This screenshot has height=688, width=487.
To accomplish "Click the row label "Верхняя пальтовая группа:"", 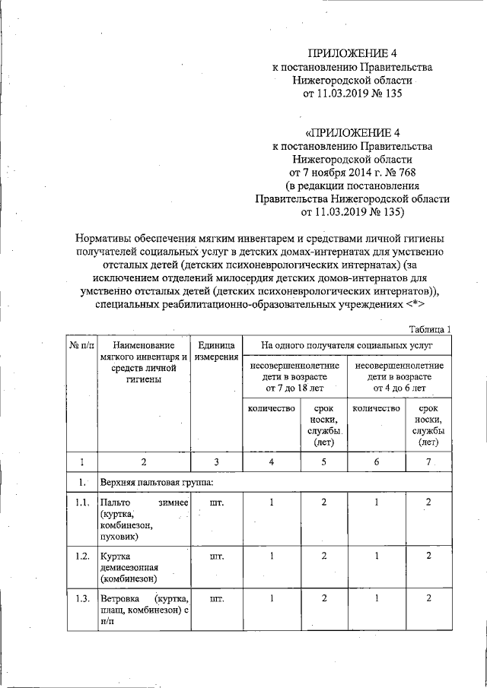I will point(158,483).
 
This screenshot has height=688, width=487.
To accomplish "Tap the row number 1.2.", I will point(82,556).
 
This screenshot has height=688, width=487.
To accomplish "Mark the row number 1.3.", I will point(82,598).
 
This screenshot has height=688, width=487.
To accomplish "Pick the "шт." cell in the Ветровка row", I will point(217,598).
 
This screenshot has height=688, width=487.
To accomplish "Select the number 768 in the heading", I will point(401,172).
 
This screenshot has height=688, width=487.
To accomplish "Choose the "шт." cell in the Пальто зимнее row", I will point(217,503).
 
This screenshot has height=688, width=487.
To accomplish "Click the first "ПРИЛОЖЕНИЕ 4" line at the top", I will point(352,53).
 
